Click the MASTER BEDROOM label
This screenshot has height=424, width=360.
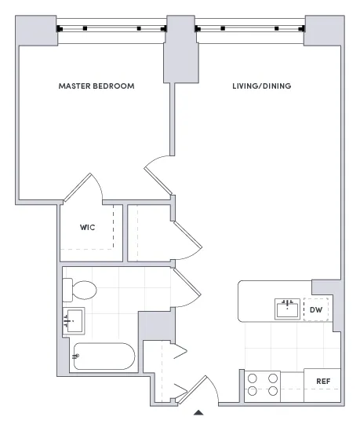pyautogui.click(x=96, y=86)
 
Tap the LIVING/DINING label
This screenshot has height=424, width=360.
pyautogui.click(x=262, y=86)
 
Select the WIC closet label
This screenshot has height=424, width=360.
pyautogui.click(x=87, y=228)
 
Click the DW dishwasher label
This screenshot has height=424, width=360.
pyautogui.click(x=317, y=309)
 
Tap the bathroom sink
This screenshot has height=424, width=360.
pyautogui.click(x=75, y=321)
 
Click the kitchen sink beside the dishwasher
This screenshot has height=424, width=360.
pyautogui.click(x=287, y=309)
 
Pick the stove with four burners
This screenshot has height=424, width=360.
pyautogui.click(x=264, y=384)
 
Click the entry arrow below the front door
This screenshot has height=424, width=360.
pyautogui.click(x=199, y=411)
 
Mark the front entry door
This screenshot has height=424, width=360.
pyautogui.click(x=205, y=389)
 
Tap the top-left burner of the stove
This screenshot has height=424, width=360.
pyautogui.click(x=253, y=378)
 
